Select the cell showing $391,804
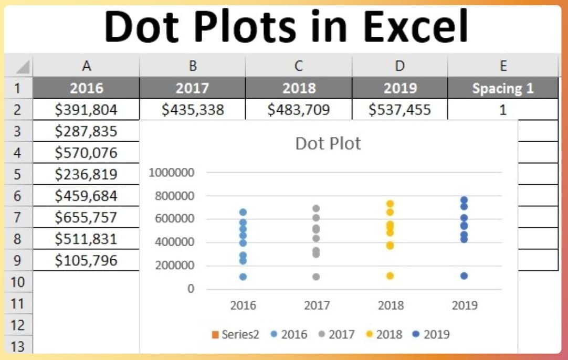click(86, 109)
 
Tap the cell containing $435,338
click(193, 109)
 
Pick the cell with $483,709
click(298, 109)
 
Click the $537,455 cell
click(399, 109)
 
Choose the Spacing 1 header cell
click(502, 88)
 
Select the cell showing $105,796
click(86, 260)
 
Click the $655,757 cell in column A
click(86, 217)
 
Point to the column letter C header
click(298, 66)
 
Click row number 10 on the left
click(18, 282)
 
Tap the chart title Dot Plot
click(328, 143)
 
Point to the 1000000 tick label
click(171, 173)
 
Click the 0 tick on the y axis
click(191, 289)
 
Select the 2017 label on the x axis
click(317, 305)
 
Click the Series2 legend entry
click(236, 334)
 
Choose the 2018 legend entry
click(388, 334)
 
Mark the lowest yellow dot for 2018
click(390, 276)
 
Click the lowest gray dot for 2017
click(316, 277)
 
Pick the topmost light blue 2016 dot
click(243, 212)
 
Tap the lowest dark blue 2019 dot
click(464, 276)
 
